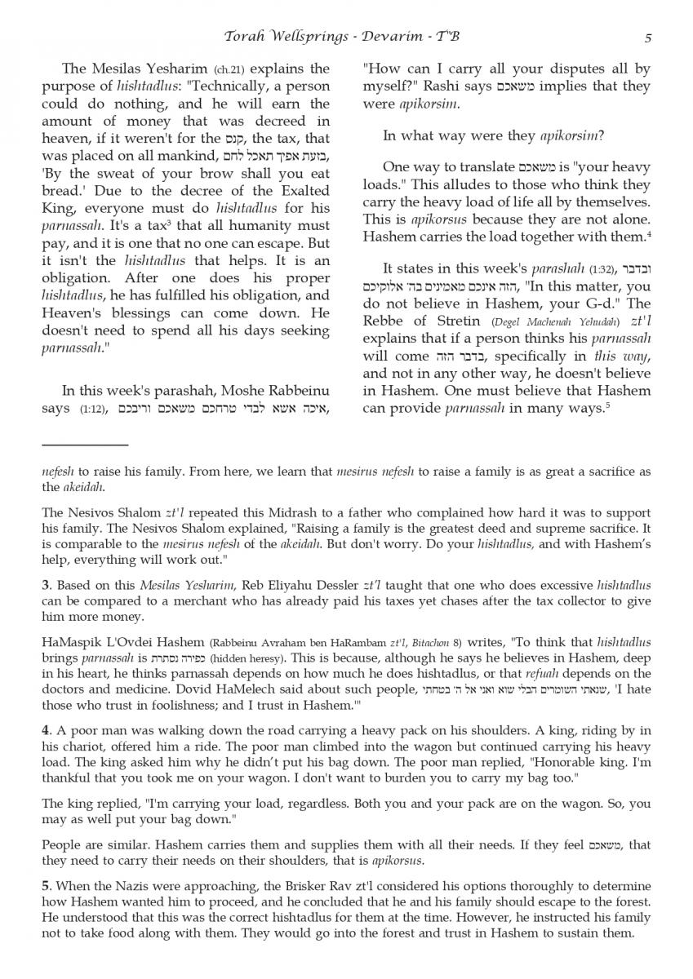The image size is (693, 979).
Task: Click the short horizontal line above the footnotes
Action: pyautogui.click(x=85, y=445)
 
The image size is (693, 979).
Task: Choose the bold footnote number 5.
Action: pyautogui.click(x=46, y=886)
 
